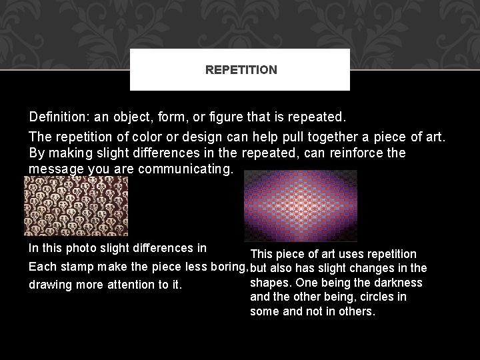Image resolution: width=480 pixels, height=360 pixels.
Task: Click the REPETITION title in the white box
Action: (241, 69)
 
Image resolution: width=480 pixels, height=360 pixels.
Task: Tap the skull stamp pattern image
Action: (75, 205)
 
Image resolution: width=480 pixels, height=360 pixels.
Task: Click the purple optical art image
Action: (300, 205)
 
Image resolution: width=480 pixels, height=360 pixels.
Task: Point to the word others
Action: (357, 311)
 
